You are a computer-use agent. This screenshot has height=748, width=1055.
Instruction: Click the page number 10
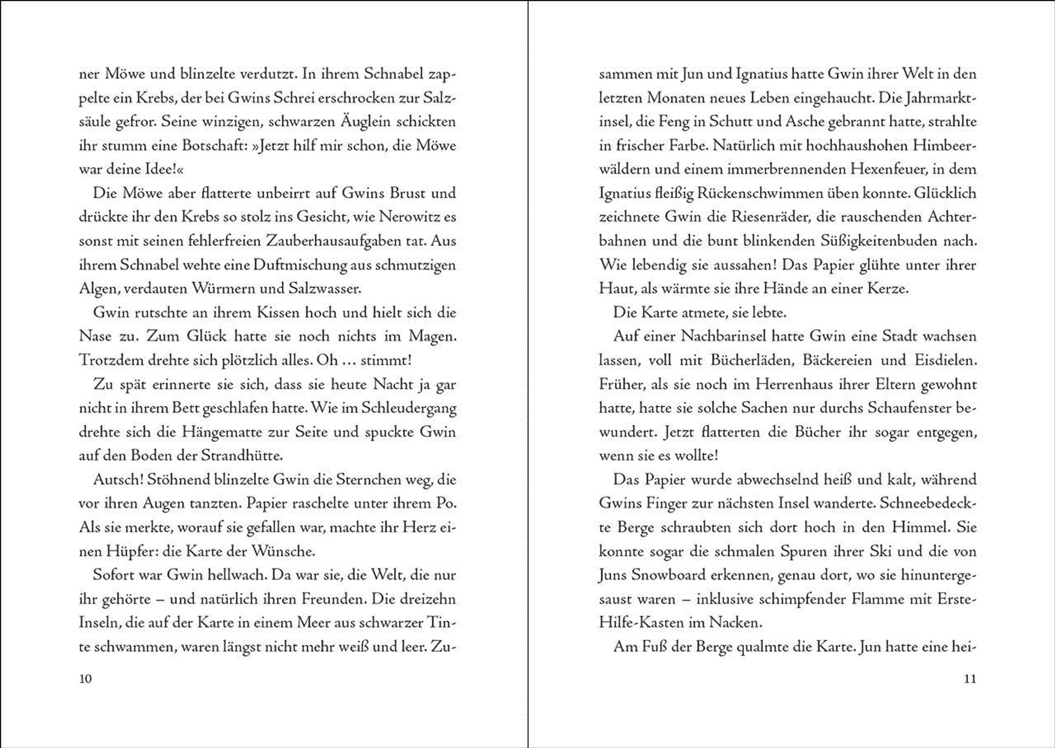pyautogui.click(x=86, y=679)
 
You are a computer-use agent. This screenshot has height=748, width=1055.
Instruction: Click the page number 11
pyautogui.click(x=970, y=679)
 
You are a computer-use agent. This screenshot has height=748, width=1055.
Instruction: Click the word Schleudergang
pyautogui.click(x=409, y=408)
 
